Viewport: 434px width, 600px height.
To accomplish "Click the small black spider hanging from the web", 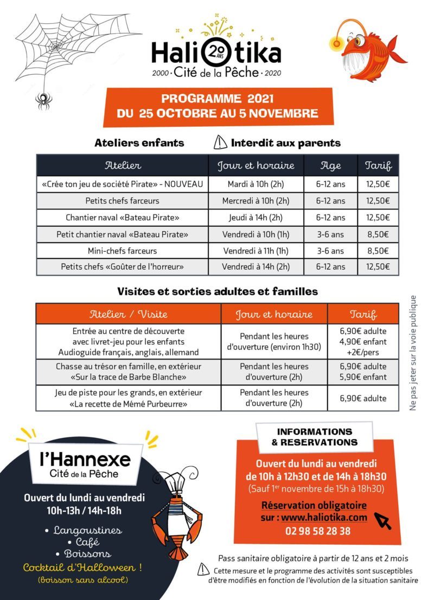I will (x=43, y=100).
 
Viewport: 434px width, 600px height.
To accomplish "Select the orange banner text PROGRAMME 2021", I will (x=217, y=99).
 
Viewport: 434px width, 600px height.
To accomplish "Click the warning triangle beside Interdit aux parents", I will (x=220, y=143).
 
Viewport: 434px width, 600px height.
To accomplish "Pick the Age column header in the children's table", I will (x=331, y=165).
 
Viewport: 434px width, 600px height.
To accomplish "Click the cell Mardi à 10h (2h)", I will (x=256, y=184).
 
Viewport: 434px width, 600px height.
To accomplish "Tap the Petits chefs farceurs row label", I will (x=123, y=201).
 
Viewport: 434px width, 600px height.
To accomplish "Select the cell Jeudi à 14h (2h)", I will (x=256, y=218).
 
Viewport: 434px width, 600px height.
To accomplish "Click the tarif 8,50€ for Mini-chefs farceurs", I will (x=378, y=251).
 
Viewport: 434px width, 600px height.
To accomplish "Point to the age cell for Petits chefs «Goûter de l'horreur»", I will (x=331, y=267).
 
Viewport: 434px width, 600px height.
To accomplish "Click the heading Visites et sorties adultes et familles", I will (x=218, y=291).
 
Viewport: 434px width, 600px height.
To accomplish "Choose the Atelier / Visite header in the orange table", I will (x=129, y=314).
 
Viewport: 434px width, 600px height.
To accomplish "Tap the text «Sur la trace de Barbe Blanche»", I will (x=129, y=377).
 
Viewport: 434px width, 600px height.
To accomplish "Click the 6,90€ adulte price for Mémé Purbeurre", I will (x=363, y=398).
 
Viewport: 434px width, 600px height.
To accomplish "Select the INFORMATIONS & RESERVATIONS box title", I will (x=315, y=437).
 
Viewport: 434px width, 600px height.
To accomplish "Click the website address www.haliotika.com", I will (x=324, y=518).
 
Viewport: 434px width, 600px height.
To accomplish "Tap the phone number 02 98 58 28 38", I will (x=318, y=531).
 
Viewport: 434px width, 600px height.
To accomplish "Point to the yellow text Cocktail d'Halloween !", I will (x=82, y=568).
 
